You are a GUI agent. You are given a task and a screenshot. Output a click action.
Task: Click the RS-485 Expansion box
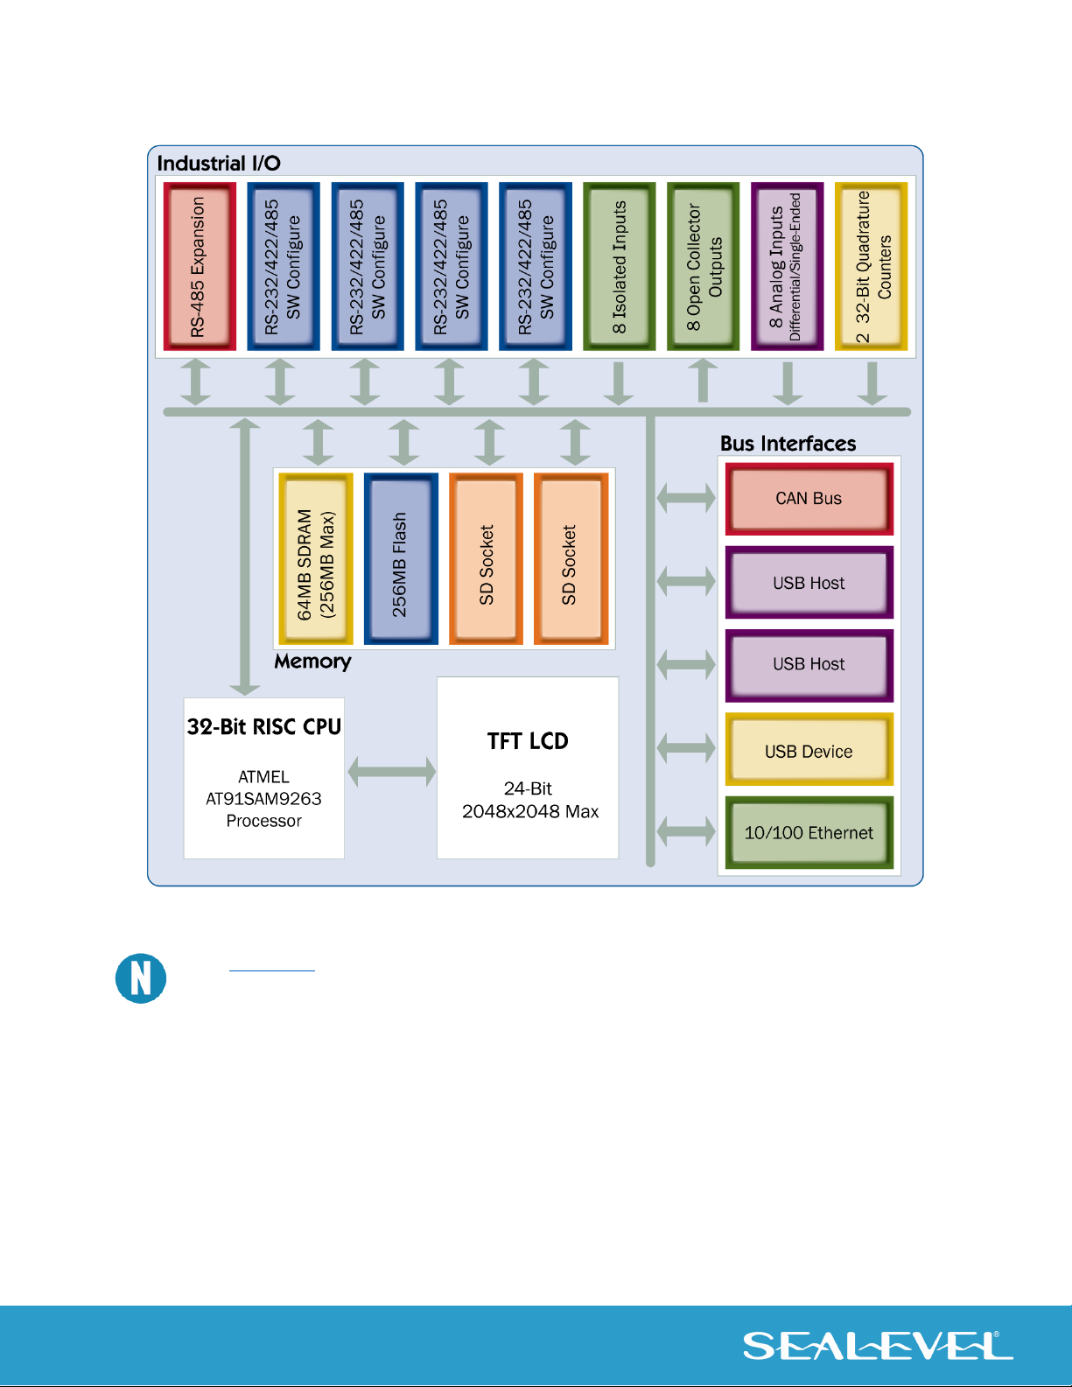[x=200, y=266]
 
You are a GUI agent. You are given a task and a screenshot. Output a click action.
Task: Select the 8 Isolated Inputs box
[x=619, y=266]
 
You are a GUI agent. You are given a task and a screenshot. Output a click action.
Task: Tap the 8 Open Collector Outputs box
[x=704, y=266]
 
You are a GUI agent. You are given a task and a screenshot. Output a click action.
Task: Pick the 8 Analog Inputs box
[x=787, y=266]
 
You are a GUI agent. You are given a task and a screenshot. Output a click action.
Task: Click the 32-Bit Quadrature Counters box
[x=871, y=266]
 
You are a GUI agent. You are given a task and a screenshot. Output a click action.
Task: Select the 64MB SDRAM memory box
[x=316, y=558]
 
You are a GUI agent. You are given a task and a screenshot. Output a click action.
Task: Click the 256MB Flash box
[x=401, y=558]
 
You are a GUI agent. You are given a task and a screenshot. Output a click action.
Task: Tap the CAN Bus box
[x=809, y=499]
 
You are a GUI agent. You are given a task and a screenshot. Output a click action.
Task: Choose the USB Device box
[x=809, y=749]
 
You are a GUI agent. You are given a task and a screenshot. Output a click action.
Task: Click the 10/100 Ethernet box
[x=809, y=832]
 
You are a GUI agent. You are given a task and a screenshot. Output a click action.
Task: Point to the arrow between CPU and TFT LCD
[x=392, y=772]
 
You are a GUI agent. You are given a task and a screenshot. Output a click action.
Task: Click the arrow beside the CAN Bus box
[x=686, y=498]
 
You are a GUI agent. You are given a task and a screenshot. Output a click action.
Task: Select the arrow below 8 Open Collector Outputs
[x=704, y=381]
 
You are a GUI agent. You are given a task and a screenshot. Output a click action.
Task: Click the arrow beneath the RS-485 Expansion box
[x=195, y=382]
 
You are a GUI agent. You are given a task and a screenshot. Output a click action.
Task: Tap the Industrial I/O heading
[x=219, y=164]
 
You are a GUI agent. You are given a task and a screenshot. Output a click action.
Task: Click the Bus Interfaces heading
[x=788, y=444]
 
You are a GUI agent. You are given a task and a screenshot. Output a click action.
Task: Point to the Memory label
[x=312, y=662]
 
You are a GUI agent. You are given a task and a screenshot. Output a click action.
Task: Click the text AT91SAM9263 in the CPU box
[x=263, y=798]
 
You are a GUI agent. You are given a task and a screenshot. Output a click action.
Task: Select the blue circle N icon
[x=141, y=977]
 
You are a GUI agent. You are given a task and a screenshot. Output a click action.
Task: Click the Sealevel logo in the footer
[x=878, y=1346]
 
